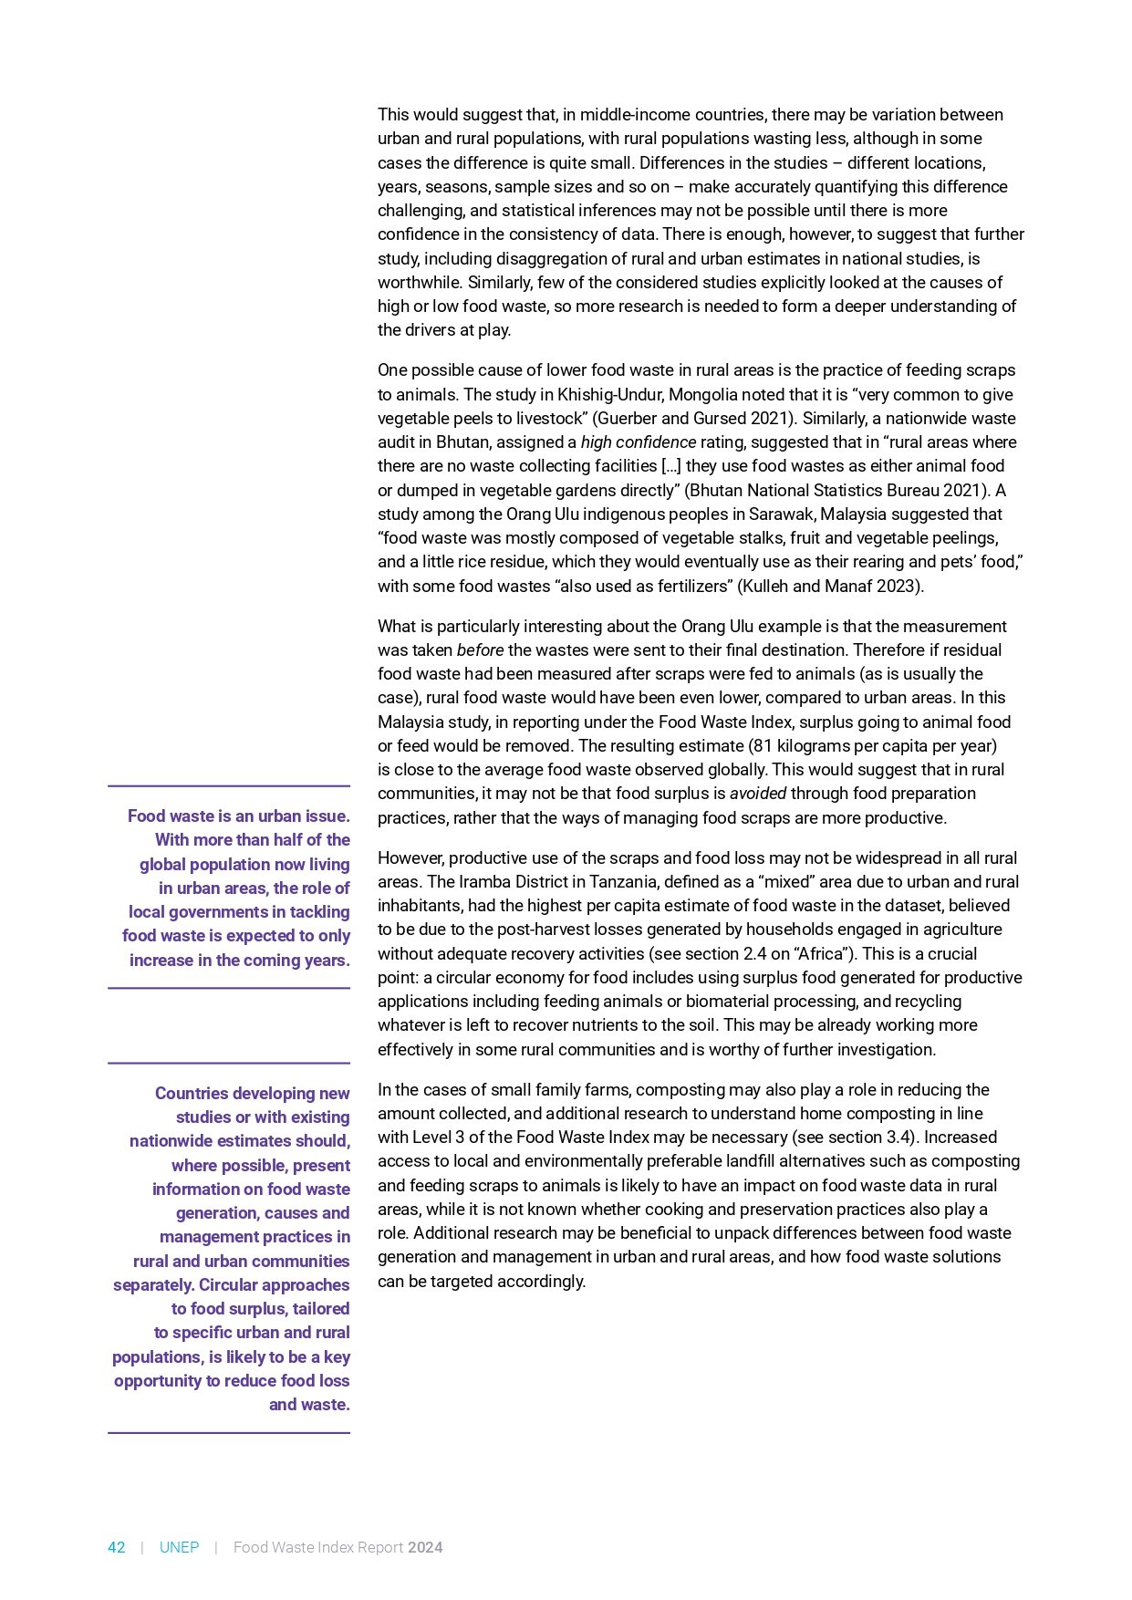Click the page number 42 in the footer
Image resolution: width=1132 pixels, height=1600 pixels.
(116, 1547)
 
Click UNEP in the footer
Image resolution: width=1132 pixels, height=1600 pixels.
(179, 1547)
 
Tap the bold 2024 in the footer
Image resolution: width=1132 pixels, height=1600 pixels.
(425, 1547)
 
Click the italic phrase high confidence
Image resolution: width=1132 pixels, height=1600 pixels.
(638, 442)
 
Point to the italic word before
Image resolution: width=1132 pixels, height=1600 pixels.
(480, 650)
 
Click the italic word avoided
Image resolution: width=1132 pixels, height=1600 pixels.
(757, 794)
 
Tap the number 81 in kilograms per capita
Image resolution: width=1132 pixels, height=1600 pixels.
(763, 745)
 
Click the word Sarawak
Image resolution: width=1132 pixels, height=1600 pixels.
(776, 514)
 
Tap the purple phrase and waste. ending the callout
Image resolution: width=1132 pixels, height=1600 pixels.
(309, 1405)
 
